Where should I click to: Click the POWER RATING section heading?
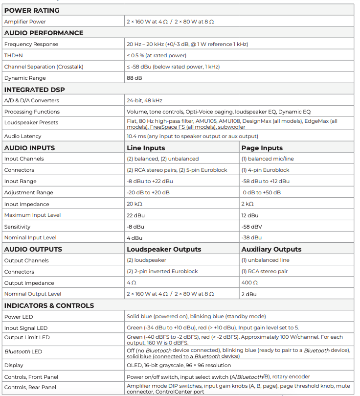[32, 10]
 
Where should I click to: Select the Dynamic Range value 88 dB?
[135, 78]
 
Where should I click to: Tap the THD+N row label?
[14, 55]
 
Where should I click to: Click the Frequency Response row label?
[31, 44]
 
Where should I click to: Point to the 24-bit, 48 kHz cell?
[144, 100]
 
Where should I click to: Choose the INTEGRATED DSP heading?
[34, 90]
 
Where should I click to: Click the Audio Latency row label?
[22, 136]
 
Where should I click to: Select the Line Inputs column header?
[146, 148]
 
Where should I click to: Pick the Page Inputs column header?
[262, 148]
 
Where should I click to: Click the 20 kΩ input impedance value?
[134, 204]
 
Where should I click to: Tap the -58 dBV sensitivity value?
[251, 227]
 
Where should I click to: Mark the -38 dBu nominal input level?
[251, 238]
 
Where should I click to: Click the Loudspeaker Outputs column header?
[164, 249]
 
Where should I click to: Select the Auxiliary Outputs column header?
[271, 249]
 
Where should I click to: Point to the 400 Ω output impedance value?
[249, 283]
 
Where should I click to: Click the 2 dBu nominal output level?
[249, 294]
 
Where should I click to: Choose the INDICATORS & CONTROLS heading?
[49, 305]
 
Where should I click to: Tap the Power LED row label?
[19, 317]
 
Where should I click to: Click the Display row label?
[14, 365]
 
